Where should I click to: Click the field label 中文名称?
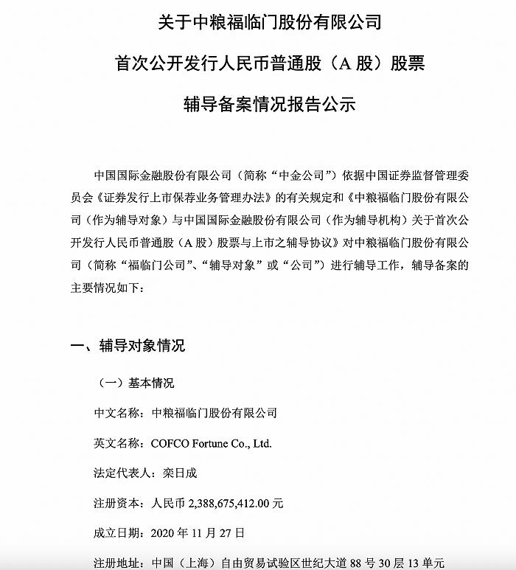tap(118, 414)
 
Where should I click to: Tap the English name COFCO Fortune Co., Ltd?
tap(211, 444)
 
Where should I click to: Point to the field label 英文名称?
tap(118, 444)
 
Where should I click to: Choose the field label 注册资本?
tap(118, 504)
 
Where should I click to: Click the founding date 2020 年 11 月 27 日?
tap(197, 532)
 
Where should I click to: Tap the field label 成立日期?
tap(118, 532)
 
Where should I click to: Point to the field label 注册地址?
tap(118, 561)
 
